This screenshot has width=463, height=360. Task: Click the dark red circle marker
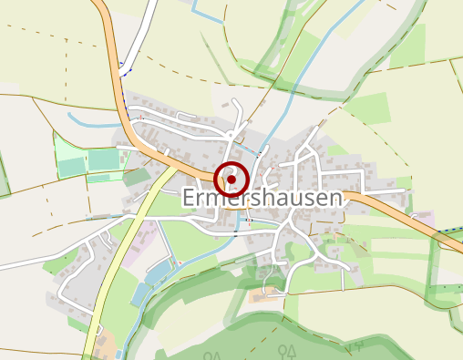232,180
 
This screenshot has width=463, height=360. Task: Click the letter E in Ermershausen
190,199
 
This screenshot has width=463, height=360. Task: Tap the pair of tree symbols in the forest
288,349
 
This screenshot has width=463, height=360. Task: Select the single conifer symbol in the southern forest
362,346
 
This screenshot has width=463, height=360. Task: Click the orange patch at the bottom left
105,346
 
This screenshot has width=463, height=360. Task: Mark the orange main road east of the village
401,211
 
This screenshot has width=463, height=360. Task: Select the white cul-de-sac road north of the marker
239,114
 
